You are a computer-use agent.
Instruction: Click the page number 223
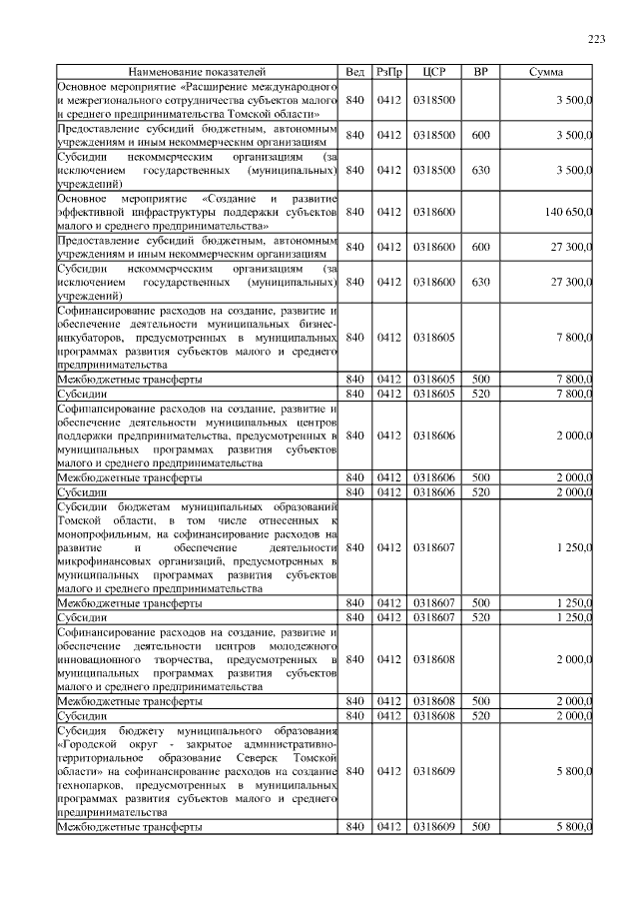tap(596, 39)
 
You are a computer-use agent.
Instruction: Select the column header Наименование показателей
tap(198, 73)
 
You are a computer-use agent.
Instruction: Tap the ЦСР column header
tap(433, 73)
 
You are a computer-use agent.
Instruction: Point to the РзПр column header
tap(387, 73)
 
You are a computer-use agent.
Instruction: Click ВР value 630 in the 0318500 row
tap(481, 170)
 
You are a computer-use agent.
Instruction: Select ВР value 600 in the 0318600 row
tap(481, 247)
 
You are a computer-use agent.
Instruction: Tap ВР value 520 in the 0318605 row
tap(481, 395)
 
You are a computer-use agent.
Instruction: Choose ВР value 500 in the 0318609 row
tap(481, 828)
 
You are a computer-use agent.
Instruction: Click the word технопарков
tap(90, 787)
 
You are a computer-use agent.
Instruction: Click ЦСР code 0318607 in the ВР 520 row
tap(433, 618)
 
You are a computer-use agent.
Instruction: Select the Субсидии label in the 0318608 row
tap(83, 716)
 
